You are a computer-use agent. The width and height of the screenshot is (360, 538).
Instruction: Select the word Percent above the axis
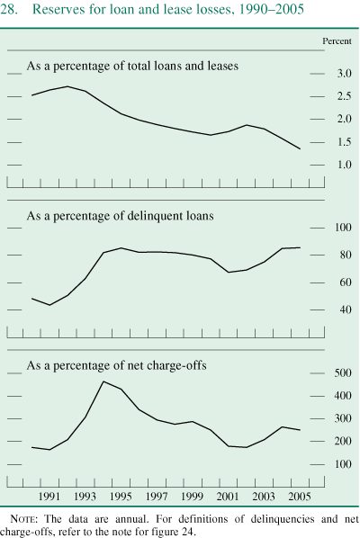[x=337, y=42]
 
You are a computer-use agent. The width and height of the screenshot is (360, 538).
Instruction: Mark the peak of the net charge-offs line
[x=103, y=381]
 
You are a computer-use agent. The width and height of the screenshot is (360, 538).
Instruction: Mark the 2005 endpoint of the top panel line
[x=300, y=149]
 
